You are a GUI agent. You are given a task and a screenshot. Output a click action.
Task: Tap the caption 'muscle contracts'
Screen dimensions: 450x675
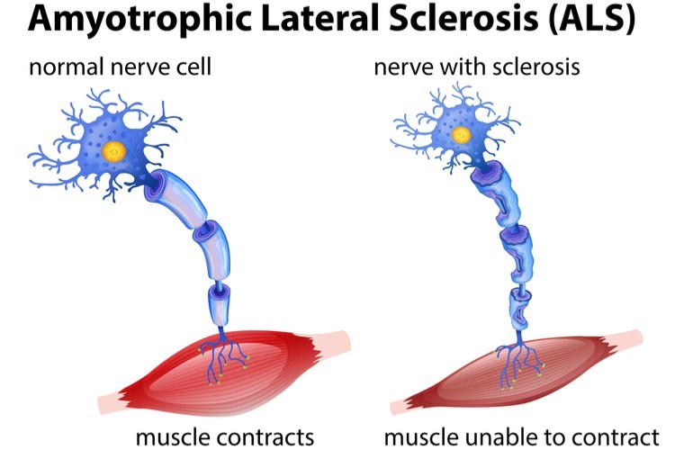tap(225, 437)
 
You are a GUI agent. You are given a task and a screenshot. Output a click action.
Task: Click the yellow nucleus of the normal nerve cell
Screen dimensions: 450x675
tap(114, 149)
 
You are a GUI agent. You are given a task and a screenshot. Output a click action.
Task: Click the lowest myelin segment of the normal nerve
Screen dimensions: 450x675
tap(220, 302)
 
